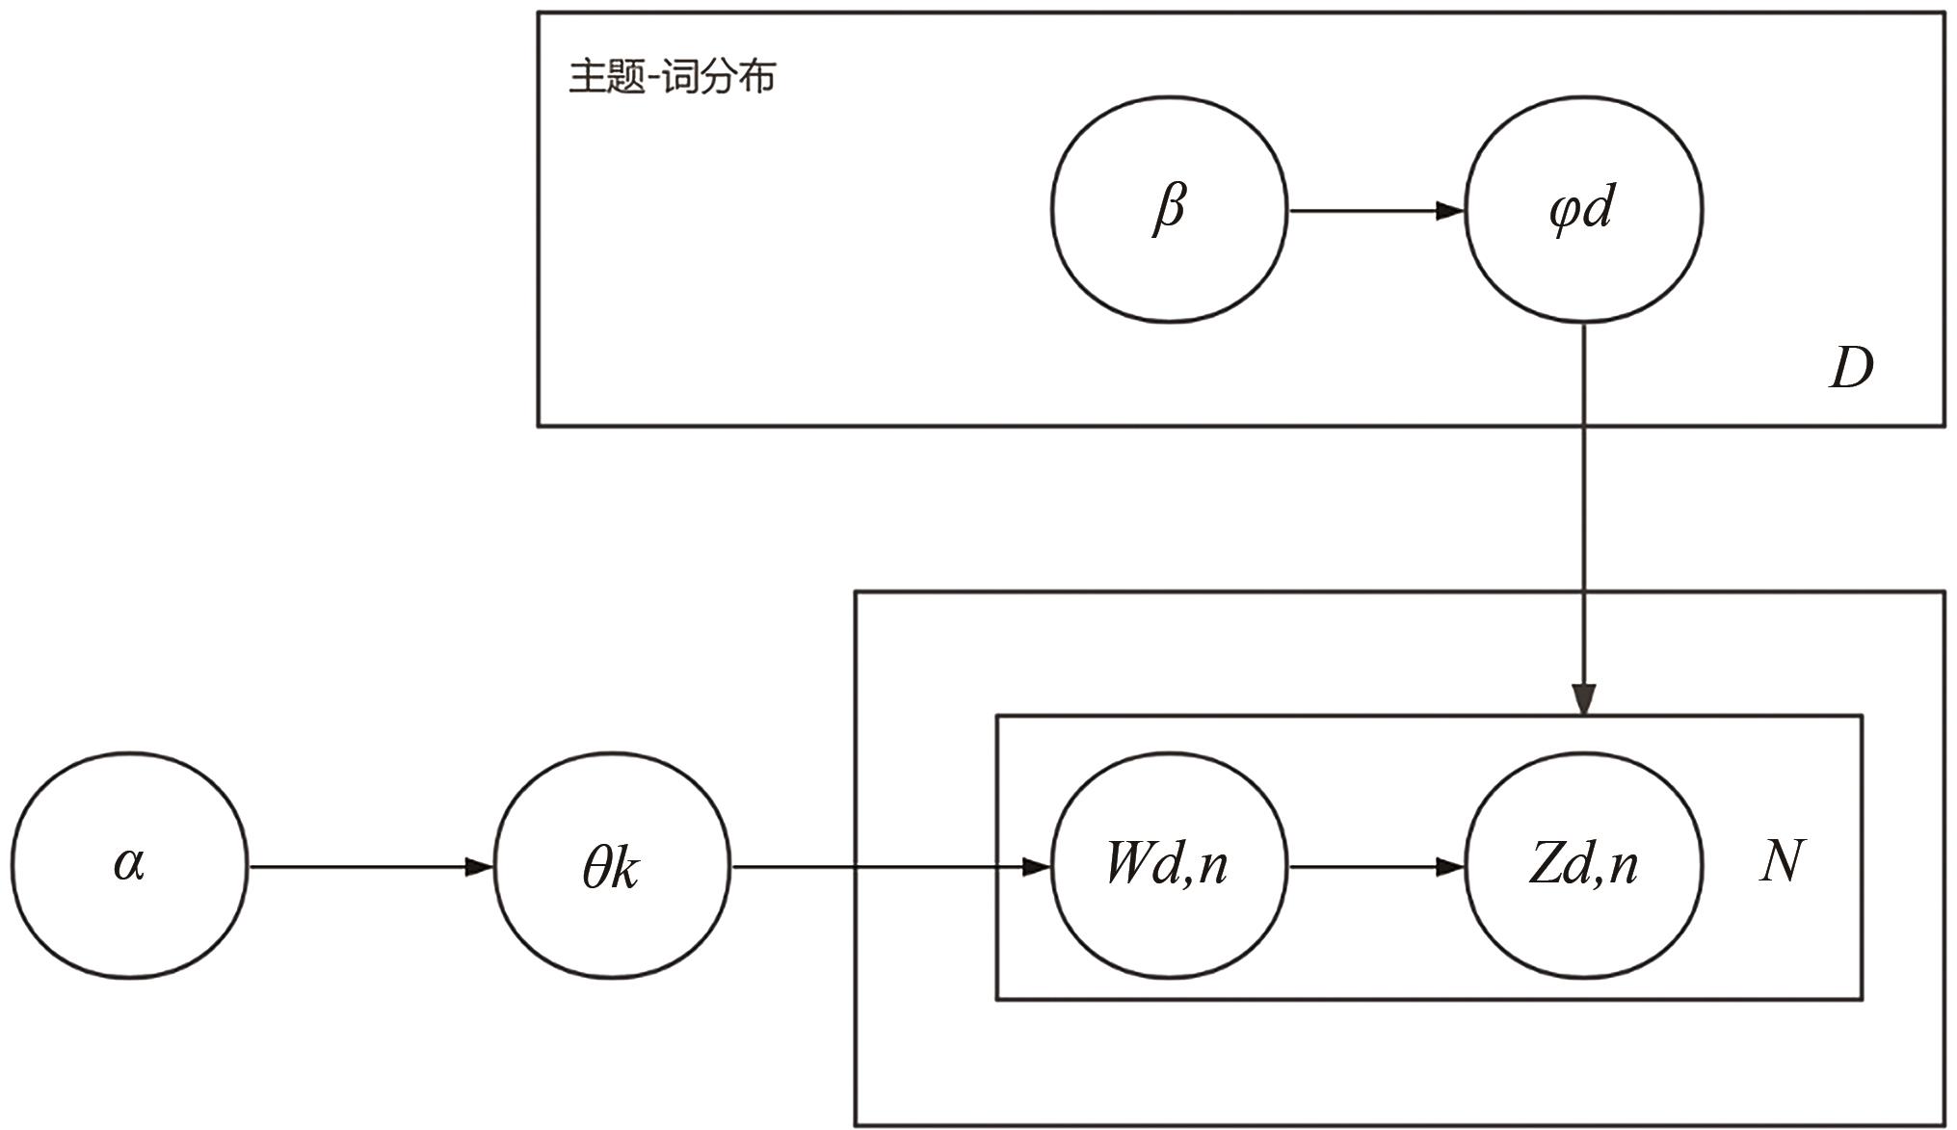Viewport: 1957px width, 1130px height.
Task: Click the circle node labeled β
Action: point(1169,209)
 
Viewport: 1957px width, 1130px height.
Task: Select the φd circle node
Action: point(1583,209)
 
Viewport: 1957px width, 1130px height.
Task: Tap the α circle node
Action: point(129,865)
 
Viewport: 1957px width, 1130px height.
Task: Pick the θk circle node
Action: point(612,865)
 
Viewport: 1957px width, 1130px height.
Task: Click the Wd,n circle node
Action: point(1169,865)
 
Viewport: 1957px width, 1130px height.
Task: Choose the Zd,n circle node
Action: point(1583,865)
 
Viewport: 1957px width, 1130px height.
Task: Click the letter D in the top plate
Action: point(1851,368)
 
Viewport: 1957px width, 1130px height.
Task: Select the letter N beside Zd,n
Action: point(1782,861)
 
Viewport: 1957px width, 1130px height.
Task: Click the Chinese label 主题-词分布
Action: point(672,76)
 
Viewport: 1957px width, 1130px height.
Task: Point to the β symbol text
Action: point(1169,207)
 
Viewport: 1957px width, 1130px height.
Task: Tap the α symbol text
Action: point(129,863)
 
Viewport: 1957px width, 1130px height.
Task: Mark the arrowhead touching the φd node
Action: point(1450,210)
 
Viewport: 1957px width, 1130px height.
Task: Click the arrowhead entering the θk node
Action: point(479,867)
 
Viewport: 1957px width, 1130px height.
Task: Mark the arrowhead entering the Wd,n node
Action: point(1036,867)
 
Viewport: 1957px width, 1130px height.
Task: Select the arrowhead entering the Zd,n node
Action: point(1450,867)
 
